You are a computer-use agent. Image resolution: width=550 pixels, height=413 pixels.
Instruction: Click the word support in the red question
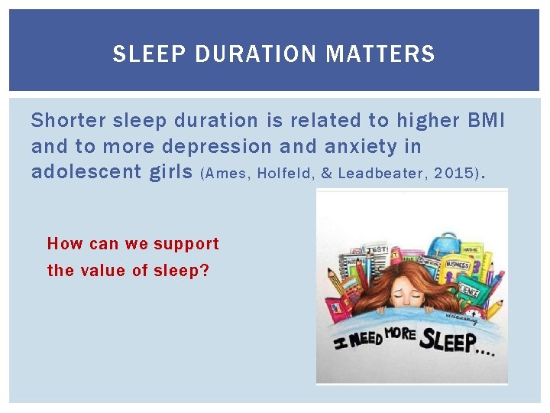(x=186, y=244)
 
